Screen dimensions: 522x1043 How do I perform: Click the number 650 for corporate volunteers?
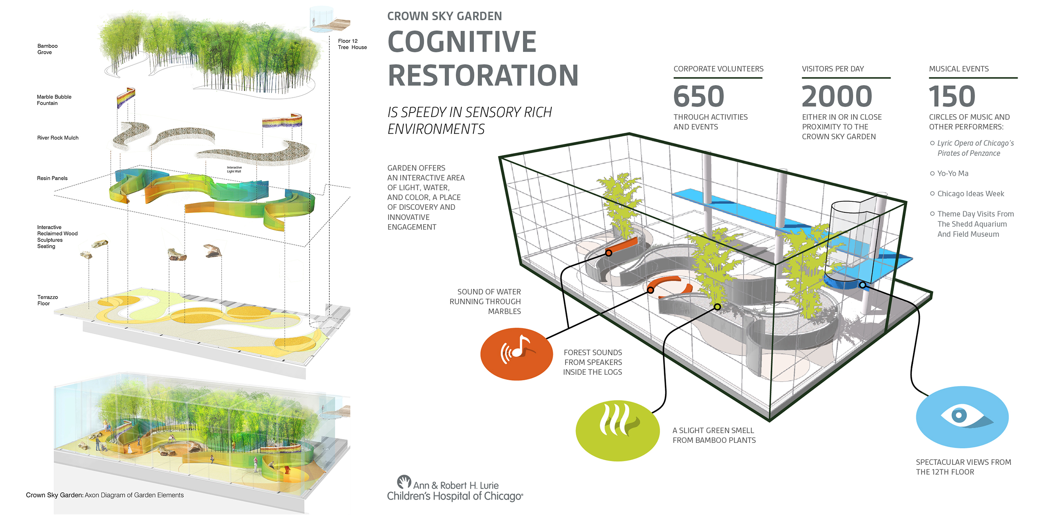(x=698, y=96)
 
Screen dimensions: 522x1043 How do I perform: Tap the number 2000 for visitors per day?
(x=837, y=96)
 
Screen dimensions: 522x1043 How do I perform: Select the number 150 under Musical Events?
(x=952, y=96)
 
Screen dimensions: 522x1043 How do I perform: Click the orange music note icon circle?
(x=516, y=354)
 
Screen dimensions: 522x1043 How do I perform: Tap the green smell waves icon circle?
(x=617, y=430)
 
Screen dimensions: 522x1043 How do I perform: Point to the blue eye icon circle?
(x=962, y=416)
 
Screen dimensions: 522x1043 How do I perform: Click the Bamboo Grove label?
(x=47, y=49)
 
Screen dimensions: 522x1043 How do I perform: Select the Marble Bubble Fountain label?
(x=54, y=100)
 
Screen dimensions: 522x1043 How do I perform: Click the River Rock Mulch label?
(x=57, y=137)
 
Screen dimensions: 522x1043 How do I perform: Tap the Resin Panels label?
(x=52, y=178)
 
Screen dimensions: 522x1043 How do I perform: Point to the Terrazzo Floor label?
(x=47, y=300)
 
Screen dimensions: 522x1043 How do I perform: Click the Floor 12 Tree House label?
(x=352, y=44)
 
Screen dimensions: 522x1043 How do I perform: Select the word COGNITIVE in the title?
(x=462, y=42)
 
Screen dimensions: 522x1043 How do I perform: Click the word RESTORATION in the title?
(x=483, y=76)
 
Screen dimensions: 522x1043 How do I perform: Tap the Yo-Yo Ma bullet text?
(x=953, y=173)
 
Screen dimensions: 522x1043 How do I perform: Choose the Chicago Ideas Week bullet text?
(x=970, y=194)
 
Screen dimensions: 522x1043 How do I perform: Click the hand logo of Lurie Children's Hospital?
(x=404, y=482)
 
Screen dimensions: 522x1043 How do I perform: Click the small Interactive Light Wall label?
(x=234, y=169)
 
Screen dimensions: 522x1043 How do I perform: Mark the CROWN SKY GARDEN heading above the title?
(x=444, y=16)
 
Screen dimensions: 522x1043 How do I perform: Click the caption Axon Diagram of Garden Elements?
(x=134, y=495)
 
